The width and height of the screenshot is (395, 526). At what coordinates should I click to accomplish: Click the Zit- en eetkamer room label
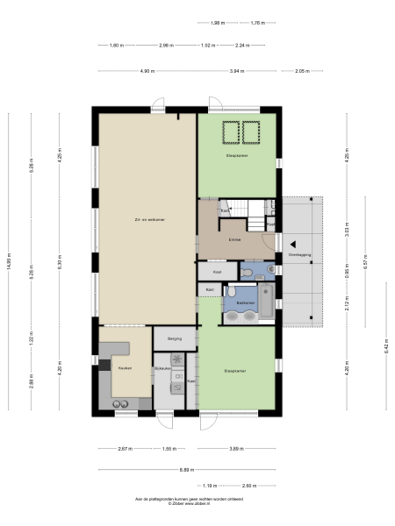click(145, 219)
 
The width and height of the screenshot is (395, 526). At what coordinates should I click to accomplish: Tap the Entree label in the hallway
click(234, 239)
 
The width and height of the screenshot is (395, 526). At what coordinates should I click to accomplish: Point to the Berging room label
click(174, 338)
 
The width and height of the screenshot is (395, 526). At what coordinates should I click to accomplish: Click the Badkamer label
click(246, 302)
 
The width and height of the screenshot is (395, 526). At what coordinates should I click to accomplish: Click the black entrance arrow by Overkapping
click(295, 245)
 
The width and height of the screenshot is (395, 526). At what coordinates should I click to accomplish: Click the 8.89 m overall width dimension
click(187, 470)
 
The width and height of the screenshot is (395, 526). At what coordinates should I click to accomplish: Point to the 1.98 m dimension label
click(217, 24)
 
